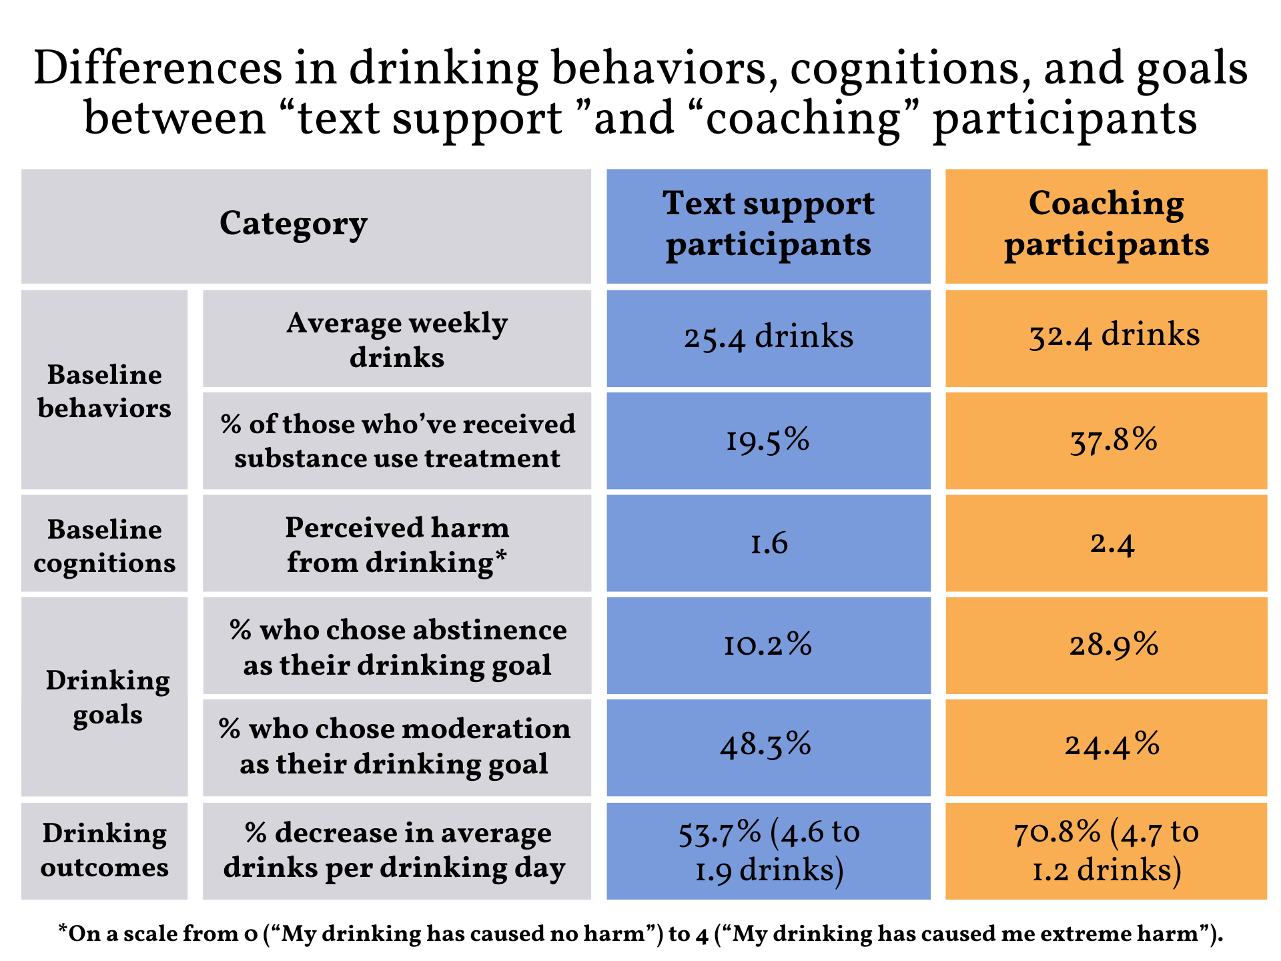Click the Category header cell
pos(294,225)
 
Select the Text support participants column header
pos(768,225)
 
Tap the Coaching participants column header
pos(1106,225)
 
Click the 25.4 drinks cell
pos(768,337)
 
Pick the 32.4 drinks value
pos(1114,336)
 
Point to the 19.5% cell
pos(768,440)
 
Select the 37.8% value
pos(1114,440)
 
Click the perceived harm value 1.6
pos(769,543)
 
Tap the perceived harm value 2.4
pos(1112,543)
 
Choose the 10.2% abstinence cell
pos(768,645)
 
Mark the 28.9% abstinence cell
pos(1114,645)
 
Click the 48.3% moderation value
pos(766,745)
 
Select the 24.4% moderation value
pos(1112,745)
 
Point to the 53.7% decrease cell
pos(769,851)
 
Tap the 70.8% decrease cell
pos(1106,851)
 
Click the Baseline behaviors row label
pos(105,391)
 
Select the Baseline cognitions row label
pos(105,546)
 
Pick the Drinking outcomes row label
pos(105,850)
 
